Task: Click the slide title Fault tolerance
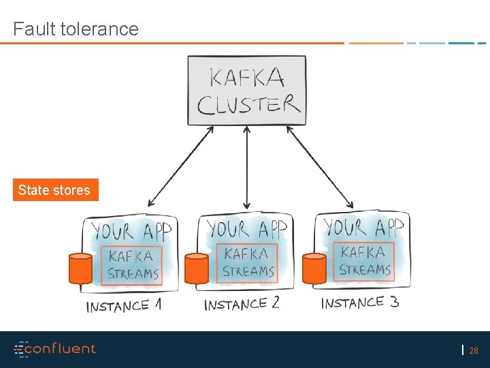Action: [76, 29]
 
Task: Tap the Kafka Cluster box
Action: [246, 91]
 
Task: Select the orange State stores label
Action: [54, 190]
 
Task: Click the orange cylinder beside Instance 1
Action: [80, 269]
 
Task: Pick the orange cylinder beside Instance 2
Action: [197, 269]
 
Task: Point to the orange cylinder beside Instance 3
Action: [314, 269]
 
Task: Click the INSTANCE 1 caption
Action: [124, 307]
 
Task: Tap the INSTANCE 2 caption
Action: [242, 304]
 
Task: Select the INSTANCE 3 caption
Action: [360, 303]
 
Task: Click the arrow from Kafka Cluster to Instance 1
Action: [180, 167]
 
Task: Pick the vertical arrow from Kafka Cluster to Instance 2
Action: [246, 167]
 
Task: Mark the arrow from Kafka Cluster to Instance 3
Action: [320, 167]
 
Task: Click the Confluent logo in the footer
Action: [55, 349]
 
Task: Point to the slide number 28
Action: [474, 351]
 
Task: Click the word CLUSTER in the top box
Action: [248, 105]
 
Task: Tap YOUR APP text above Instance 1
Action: [131, 230]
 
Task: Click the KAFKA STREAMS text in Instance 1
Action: [133, 264]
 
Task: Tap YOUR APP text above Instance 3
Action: [363, 226]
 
